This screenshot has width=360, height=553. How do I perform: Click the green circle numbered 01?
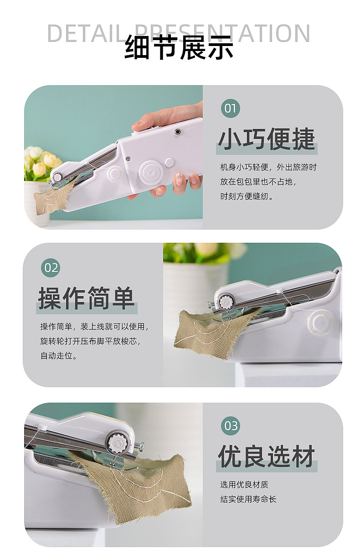[x=230, y=108]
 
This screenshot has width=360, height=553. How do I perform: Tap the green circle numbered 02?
[x=51, y=267]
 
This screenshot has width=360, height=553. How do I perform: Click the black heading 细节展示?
[x=179, y=47]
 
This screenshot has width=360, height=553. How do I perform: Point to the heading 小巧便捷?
[x=267, y=139]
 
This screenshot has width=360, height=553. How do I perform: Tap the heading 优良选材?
[x=267, y=456]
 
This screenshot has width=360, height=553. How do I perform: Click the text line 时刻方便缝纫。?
[x=247, y=196]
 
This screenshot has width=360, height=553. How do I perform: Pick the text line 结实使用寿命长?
[x=248, y=499]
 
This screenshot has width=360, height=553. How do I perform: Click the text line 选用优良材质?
[x=244, y=485]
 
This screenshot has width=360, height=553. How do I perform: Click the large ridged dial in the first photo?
[x=151, y=173]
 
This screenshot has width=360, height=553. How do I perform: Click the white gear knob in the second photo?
[x=225, y=302]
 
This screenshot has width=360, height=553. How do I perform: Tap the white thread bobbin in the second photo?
[x=321, y=322]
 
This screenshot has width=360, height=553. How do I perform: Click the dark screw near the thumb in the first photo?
[x=177, y=132]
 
